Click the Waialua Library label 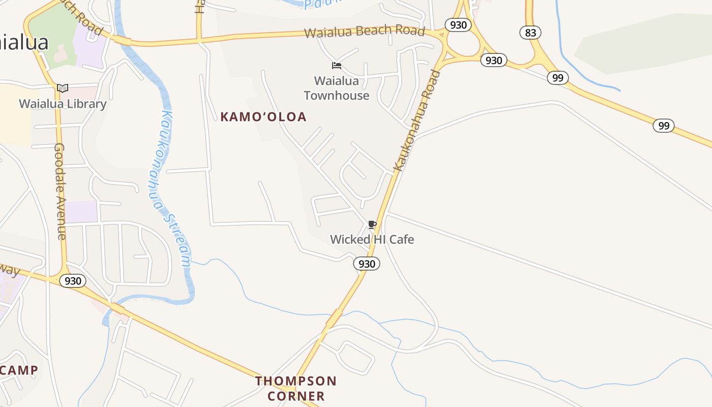click(x=63, y=104)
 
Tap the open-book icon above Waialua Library click(x=63, y=88)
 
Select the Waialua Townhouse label click(x=337, y=88)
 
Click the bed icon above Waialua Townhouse click(x=336, y=66)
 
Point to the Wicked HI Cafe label click(x=372, y=239)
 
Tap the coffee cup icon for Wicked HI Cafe click(x=372, y=224)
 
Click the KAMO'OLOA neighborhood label click(x=263, y=117)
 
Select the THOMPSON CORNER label click(x=296, y=388)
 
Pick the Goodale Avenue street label click(x=60, y=191)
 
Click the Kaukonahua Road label click(x=417, y=120)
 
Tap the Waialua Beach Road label click(x=364, y=32)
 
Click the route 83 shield click(x=530, y=33)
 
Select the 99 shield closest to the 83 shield click(x=558, y=78)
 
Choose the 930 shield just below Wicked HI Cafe click(x=367, y=264)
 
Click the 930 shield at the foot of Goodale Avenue click(x=73, y=281)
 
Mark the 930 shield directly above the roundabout click(x=458, y=24)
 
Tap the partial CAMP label click(x=19, y=370)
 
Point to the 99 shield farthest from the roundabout click(x=664, y=126)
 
